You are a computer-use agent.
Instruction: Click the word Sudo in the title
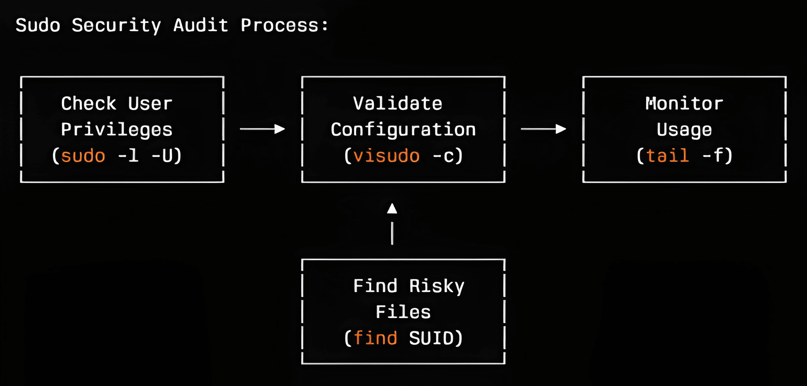point(38,25)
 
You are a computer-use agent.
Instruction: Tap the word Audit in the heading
point(201,25)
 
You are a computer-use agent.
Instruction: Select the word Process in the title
point(279,25)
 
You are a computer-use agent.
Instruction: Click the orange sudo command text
point(83,156)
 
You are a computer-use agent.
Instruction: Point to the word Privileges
point(117,130)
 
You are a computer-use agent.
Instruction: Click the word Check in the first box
point(89,104)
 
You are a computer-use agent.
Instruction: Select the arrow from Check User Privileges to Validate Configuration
point(262,129)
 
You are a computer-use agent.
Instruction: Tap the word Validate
point(398,104)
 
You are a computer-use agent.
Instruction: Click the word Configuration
point(403,130)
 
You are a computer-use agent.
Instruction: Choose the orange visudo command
point(387,156)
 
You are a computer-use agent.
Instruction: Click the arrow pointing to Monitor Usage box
point(543,129)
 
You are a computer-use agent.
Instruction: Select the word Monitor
point(684,104)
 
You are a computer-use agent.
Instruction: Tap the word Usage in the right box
point(684,130)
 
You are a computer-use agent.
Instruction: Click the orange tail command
point(668,156)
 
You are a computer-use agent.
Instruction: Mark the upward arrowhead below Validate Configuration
point(392,209)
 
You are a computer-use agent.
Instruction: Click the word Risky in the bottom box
point(437,286)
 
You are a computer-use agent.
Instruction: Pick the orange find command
point(375,338)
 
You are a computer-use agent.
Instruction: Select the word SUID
point(431,338)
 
